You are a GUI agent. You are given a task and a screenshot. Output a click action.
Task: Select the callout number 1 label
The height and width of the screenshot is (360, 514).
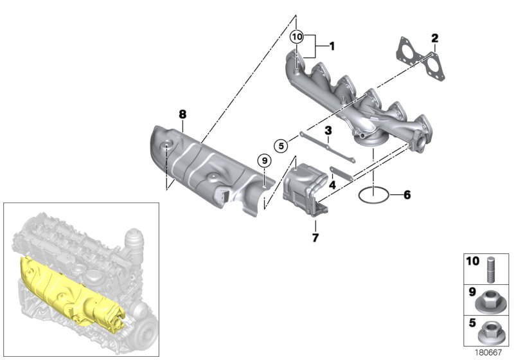(x=332, y=46)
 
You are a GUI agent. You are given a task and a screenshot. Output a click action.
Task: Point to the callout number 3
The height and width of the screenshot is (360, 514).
(x=328, y=130)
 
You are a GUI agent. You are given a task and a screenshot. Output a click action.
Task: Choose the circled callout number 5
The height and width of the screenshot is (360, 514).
(x=279, y=145)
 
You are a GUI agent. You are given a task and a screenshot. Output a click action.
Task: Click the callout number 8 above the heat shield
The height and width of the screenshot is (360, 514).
(x=182, y=114)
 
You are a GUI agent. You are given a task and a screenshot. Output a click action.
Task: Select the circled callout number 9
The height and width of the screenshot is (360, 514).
(x=262, y=159)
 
